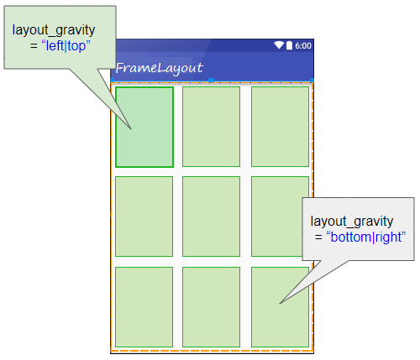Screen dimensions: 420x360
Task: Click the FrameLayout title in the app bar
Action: coord(160,68)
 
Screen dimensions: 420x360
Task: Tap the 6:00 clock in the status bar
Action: coord(303,45)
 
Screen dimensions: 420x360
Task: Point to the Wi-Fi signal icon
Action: coord(279,45)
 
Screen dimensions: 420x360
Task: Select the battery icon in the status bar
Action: coord(289,45)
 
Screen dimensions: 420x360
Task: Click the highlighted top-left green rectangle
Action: coord(144,127)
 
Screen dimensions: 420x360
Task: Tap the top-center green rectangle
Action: coord(211,127)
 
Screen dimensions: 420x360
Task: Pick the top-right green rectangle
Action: coord(280,127)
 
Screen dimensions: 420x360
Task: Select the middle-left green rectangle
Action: coord(144,217)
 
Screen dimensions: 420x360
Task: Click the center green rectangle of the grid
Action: coord(211,217)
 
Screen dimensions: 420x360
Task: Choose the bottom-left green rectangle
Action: coord(144,307)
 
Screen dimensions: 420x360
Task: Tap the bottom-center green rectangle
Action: coord(211,307)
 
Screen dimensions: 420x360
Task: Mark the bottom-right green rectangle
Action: coord(280,307)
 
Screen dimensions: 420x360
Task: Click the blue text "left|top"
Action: coord(66,46)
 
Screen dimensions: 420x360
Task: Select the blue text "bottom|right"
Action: coord(366,237)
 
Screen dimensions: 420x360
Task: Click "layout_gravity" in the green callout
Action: coord(54,30)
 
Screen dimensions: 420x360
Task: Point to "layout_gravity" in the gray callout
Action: coord(352,222)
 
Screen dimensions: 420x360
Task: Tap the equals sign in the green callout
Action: coord(34,46)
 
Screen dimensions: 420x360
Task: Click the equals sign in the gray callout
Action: coord(318,237)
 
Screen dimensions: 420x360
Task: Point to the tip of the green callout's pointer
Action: coord(131,129)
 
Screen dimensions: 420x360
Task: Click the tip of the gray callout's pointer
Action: coord(280,304)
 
